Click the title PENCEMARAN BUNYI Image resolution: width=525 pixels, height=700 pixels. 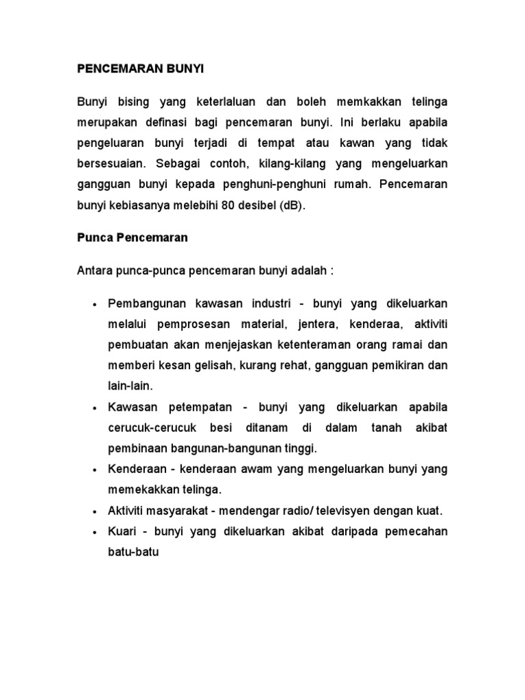140,70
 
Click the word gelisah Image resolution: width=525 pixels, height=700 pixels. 213,366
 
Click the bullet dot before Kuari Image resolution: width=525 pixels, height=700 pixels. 92,532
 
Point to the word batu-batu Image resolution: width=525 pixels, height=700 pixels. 133,552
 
